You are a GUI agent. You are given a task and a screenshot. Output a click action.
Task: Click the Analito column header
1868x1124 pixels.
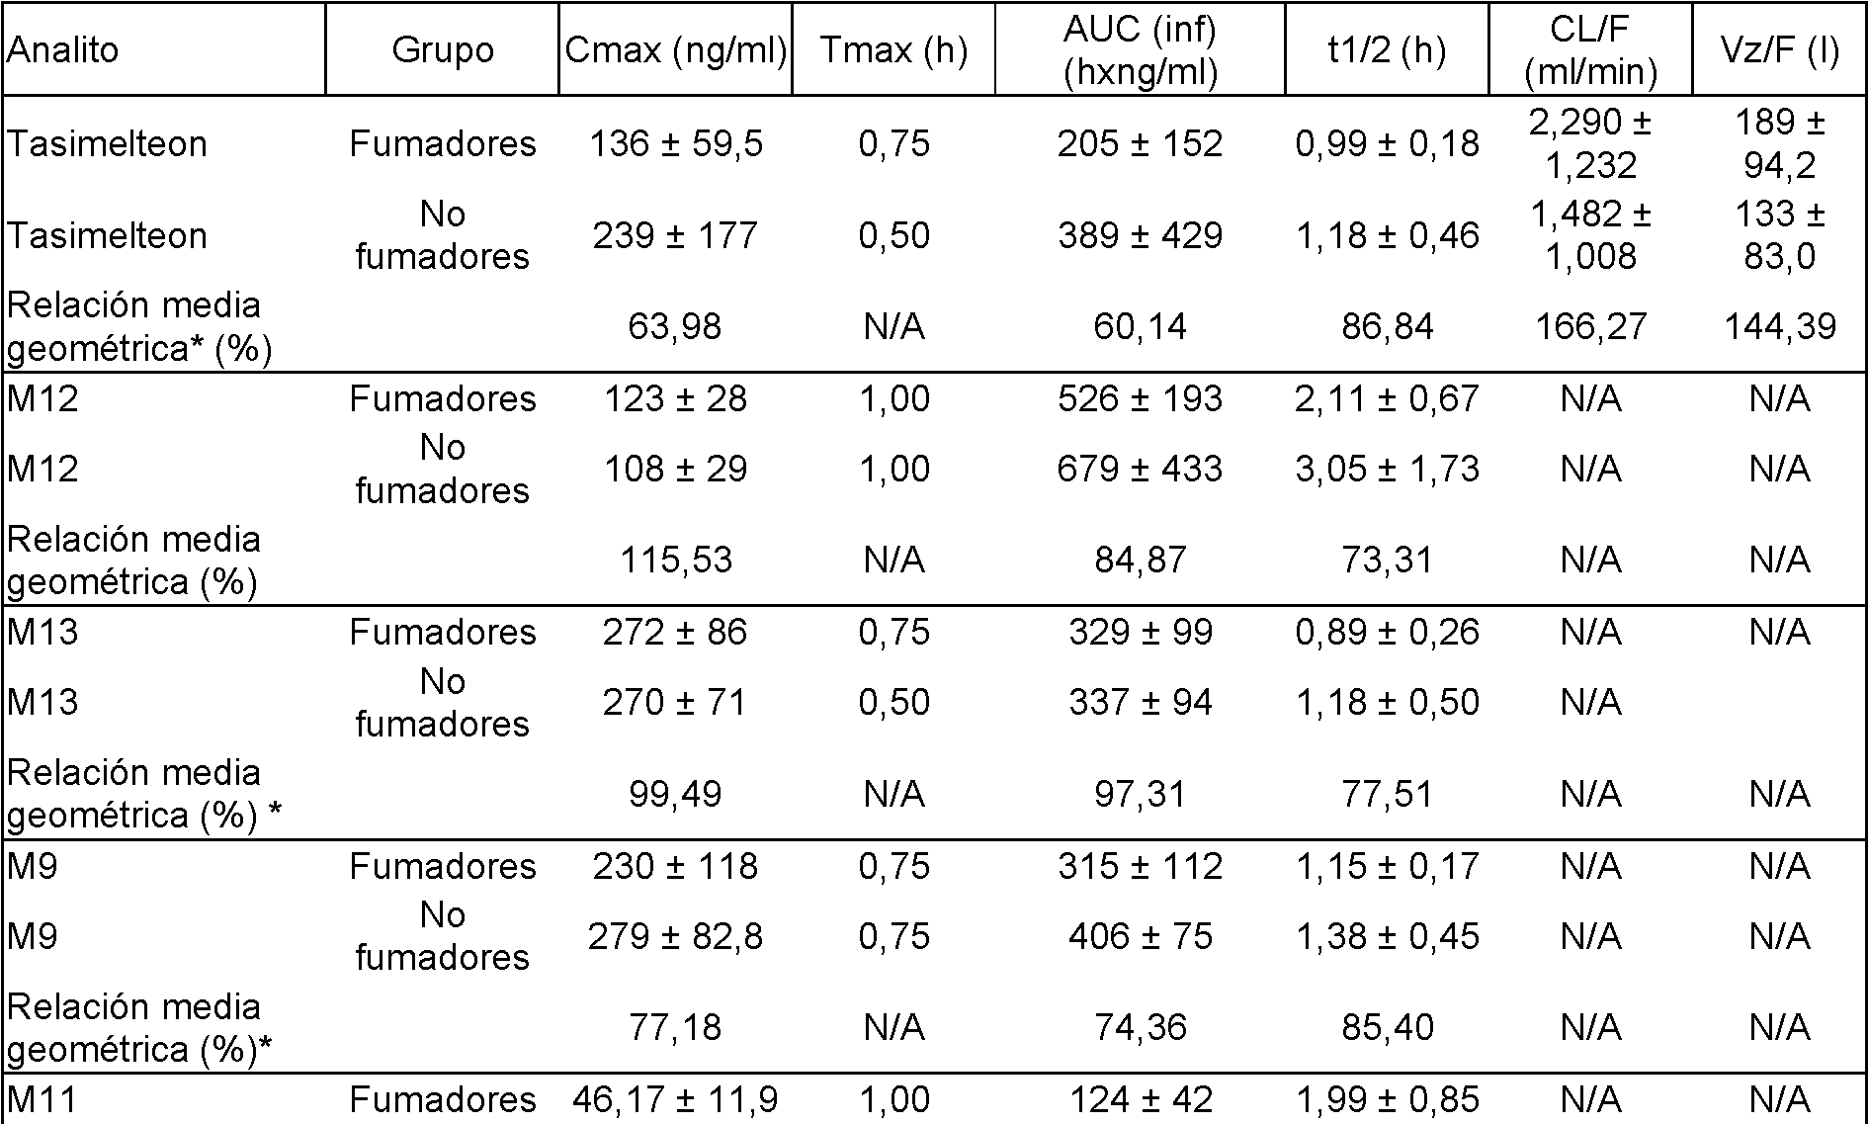(62, 49)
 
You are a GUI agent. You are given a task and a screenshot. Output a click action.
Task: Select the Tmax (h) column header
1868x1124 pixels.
(893, 49)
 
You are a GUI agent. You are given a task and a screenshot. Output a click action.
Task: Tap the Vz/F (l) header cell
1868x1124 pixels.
(1779, 49)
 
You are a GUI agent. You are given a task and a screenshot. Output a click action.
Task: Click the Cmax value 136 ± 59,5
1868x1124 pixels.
(676, 143)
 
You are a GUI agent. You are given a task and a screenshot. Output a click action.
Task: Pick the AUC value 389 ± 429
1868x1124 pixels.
(1140, 235)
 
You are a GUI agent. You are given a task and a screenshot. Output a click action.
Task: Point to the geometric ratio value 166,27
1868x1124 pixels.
(1590, 326)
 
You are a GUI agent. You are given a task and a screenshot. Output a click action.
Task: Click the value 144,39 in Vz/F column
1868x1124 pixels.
(1779, 326)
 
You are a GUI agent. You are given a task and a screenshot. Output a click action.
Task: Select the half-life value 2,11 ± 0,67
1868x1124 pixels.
(1387, 398)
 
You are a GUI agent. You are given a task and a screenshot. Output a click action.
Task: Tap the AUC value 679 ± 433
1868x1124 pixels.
(1140, 469)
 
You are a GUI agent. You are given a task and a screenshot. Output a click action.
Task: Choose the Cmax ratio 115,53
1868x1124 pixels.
(676, 561)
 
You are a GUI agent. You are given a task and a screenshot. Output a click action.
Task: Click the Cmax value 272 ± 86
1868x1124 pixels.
(676, 632)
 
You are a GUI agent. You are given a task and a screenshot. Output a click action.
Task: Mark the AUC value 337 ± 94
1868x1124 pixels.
(1140, 702)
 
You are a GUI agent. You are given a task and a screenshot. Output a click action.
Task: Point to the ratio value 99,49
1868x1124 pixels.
(676, 794)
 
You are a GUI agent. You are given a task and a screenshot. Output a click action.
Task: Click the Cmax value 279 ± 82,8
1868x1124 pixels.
(676, 936)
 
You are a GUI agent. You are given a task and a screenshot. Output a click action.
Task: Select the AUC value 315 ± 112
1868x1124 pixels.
(1140, 866)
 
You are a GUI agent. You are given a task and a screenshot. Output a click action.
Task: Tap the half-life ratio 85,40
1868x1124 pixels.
(1387, 1027)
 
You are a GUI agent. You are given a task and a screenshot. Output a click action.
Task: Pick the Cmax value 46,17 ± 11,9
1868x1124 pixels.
(676, 1099)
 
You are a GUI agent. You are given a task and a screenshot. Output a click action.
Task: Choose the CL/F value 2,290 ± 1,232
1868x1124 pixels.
(1590, 143)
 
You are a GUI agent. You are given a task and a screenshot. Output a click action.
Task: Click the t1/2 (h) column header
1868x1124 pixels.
(1387, 49)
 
